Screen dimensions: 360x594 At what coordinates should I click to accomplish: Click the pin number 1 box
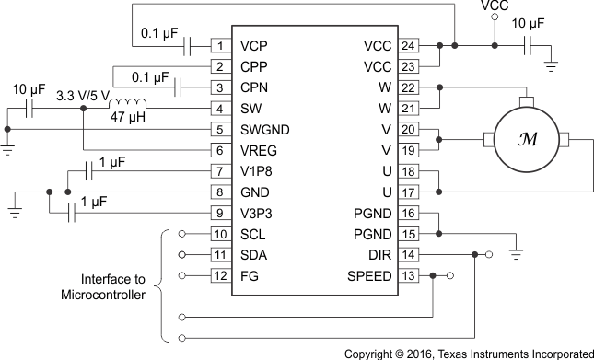(x=221, y=45)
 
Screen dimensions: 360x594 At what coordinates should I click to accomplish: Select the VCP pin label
(x=255, y=45)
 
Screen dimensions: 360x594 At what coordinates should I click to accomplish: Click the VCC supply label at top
(x=495, y=7)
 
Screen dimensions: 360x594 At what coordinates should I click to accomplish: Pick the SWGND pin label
(x=263, y=129)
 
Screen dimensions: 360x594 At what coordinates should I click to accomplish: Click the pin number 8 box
(x=221, y=192)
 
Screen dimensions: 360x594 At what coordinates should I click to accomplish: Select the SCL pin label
(x=253, y=234)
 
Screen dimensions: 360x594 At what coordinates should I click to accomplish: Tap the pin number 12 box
(x=221, y=276)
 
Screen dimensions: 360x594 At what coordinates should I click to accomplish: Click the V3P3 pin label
(x=258, y=214)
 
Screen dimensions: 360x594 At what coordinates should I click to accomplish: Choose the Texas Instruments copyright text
(x=469, y=353)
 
